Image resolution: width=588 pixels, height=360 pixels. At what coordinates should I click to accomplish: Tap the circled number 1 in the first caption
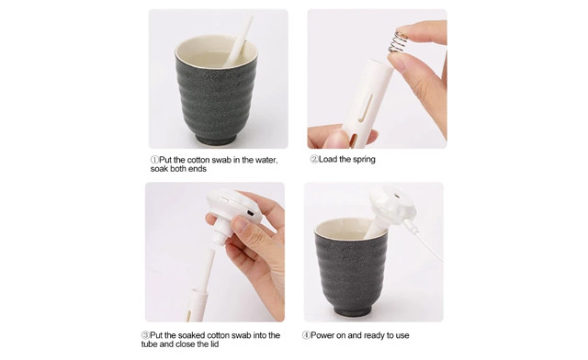click(x=154, y=160)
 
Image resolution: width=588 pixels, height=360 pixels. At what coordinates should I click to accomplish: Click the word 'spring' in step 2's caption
click(x=364, y=160)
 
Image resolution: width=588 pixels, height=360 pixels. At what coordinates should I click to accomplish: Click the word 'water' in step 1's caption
click(x=266, y=160)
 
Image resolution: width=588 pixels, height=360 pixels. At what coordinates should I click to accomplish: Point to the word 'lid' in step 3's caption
click(x=214, y=344)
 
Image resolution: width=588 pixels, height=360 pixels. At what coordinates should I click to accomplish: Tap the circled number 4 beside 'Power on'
click(x=306, y=335)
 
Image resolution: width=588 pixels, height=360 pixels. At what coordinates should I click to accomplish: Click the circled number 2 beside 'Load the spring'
click(x=314, y=160)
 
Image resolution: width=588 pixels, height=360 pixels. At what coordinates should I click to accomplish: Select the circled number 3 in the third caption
click(x=145, y=335)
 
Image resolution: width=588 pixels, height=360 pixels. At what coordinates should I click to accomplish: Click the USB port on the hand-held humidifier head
click(x=249, y=213)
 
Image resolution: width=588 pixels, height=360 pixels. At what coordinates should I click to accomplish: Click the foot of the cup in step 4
click(x=353, y=310)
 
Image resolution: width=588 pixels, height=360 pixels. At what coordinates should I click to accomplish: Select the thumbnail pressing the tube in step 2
click(x=396, y=62)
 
